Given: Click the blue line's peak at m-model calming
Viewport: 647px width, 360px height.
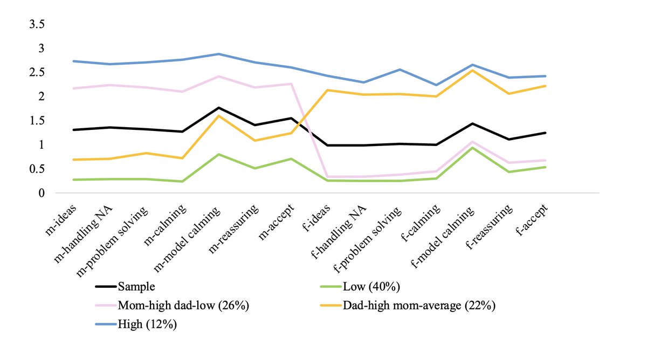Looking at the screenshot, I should tap(218, 54).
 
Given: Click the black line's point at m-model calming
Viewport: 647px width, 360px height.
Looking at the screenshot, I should tap(218, 108).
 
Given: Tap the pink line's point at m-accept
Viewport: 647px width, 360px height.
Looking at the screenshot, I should tap(292, 84).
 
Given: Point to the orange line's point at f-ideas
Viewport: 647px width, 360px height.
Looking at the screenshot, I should tap(328, 90).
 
